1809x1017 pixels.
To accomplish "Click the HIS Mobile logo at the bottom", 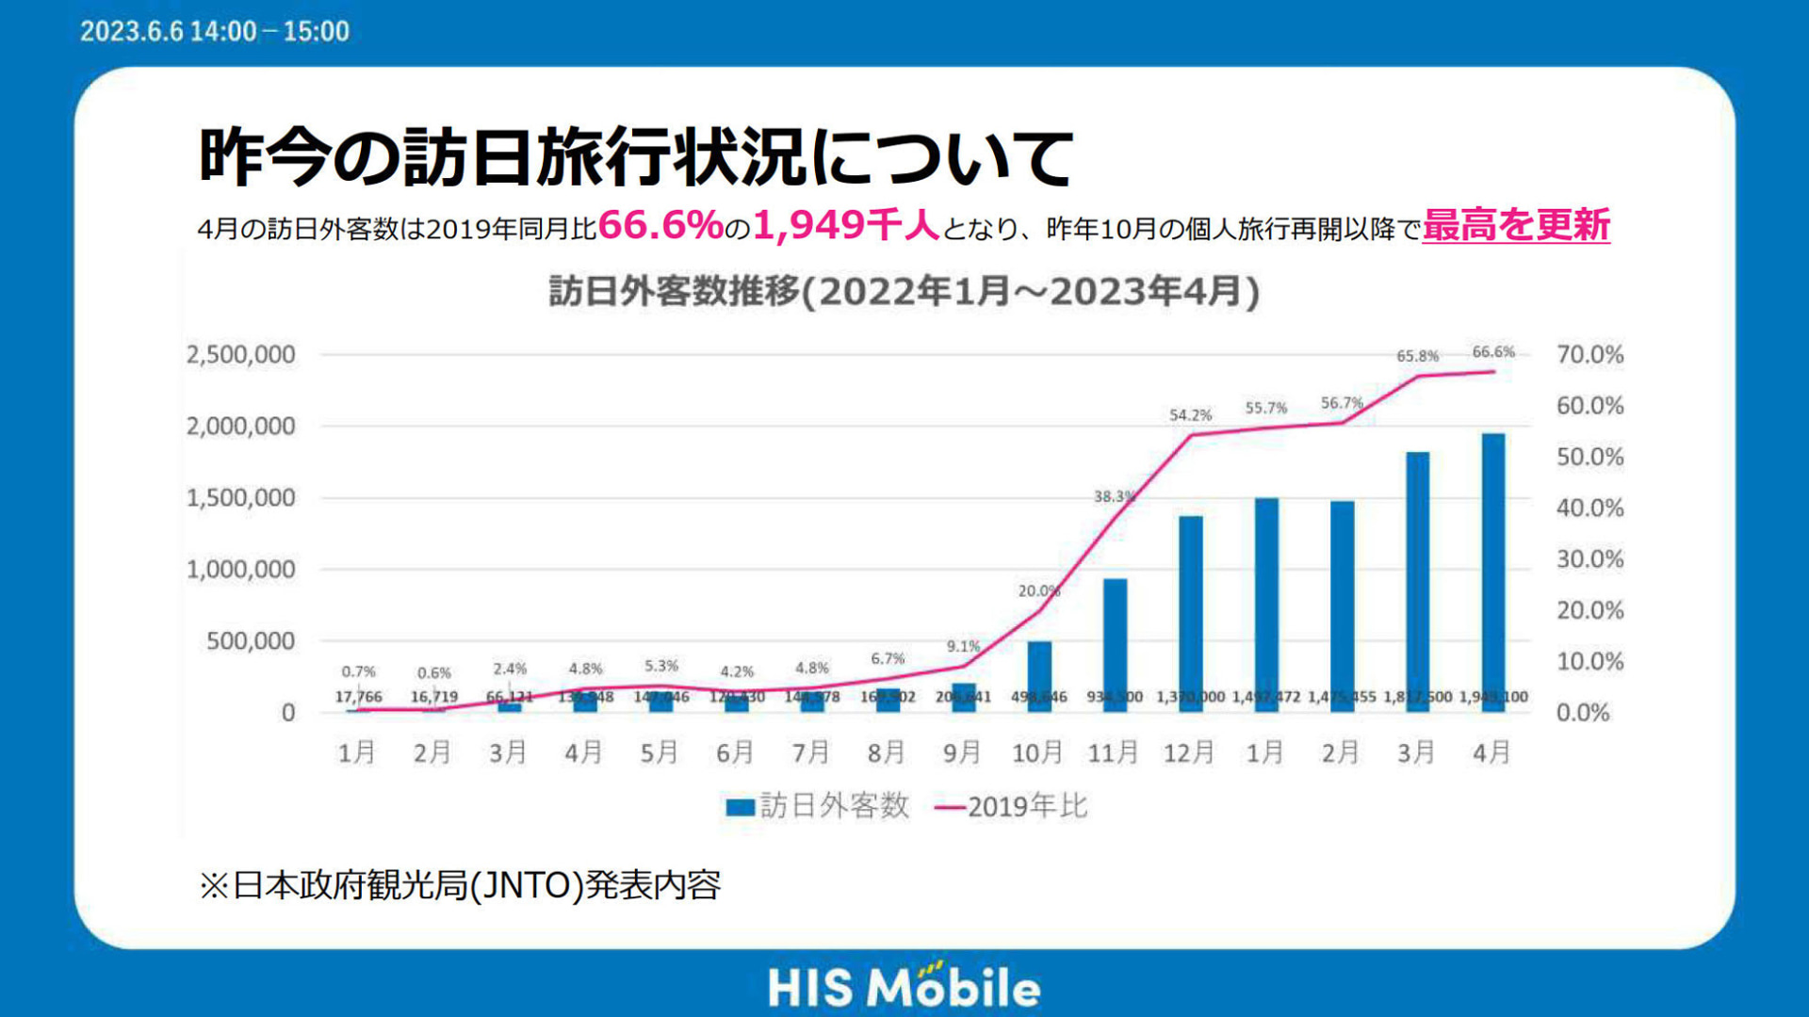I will click(904, 987).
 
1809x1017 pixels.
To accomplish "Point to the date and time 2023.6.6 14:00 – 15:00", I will click(215, 31).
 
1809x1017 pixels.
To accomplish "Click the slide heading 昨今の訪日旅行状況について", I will click(636, 156).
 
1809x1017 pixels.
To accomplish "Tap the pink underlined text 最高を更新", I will click(1515, 226).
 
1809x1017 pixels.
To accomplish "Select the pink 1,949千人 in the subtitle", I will click(845, 226).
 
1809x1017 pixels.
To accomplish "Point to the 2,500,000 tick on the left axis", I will click(241, 355).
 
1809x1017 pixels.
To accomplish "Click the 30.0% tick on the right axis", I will click(1589, 559).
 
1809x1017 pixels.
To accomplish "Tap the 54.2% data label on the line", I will click(1190, 415).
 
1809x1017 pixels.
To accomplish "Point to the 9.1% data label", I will click(963, 647).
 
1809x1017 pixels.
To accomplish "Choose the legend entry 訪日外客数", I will click(817, 806).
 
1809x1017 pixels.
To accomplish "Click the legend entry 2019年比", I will click(1011, 806).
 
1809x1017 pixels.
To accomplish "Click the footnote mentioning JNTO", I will click(460, 885).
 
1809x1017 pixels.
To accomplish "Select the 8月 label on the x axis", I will click(886, 752).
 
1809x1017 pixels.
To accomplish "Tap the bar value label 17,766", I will click(358, 697).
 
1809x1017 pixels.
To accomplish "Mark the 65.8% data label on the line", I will click(1417, 356).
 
